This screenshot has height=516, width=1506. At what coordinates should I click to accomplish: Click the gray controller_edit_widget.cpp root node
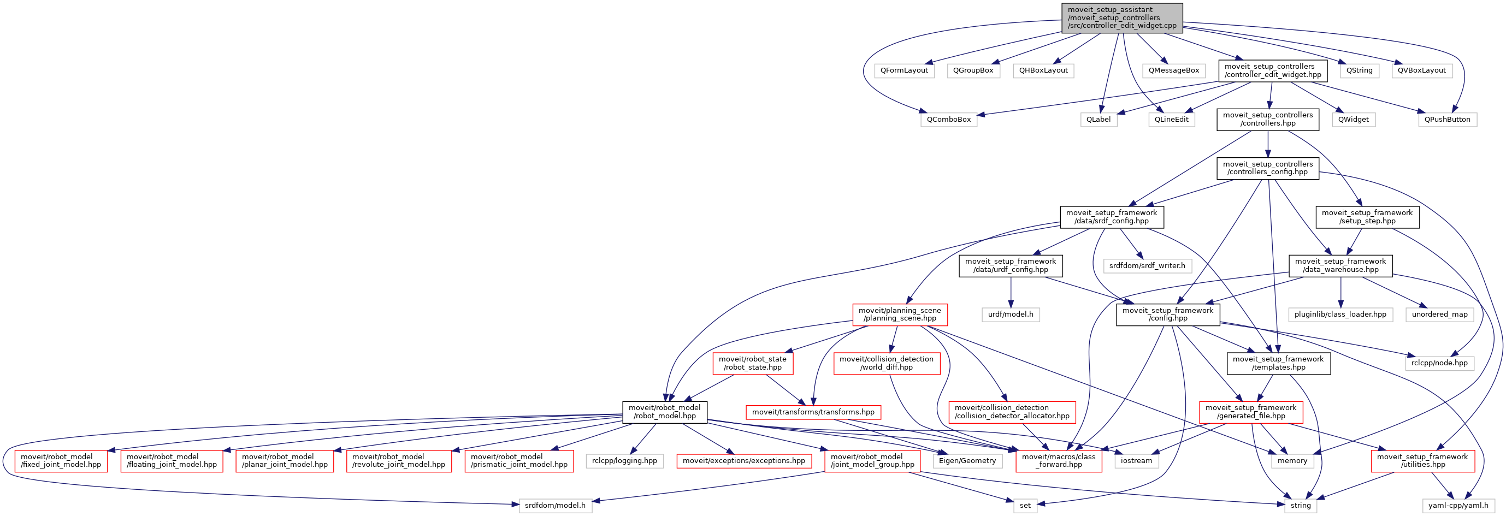pos(1122,18)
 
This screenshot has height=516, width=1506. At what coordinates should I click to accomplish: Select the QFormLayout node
pos(904,70)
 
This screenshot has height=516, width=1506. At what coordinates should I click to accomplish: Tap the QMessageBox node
pos(1173,70)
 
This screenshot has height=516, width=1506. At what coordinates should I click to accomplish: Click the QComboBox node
pos(948,120)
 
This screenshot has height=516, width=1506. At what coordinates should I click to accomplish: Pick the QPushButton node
pos(1447,120)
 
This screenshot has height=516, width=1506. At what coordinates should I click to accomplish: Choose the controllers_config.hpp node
pos(1267,168)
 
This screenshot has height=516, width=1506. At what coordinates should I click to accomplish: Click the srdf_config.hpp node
pos(1112,217)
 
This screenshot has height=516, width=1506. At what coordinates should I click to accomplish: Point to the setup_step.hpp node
pos(1367,217)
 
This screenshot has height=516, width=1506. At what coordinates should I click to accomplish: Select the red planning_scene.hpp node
pos(899,315)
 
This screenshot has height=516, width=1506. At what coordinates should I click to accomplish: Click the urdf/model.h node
pos(1010,315)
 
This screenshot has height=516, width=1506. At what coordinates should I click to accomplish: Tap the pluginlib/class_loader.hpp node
pos(1340,315)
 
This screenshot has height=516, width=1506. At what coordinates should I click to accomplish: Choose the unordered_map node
pos(1439,315)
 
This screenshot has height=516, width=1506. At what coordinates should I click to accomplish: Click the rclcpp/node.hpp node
pos(1439,363)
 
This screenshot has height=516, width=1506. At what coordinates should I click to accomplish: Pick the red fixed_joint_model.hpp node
pos(61,461)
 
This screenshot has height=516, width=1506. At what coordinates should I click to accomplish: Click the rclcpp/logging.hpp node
pos(624,461)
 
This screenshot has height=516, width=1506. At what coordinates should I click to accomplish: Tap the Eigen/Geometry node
pos(967,461)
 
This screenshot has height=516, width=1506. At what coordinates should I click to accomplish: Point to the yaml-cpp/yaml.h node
pos(1458,506)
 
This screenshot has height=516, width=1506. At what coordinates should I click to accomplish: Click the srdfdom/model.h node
pos(555,506)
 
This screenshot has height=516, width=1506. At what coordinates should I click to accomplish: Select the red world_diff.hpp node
pos(887,364)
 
